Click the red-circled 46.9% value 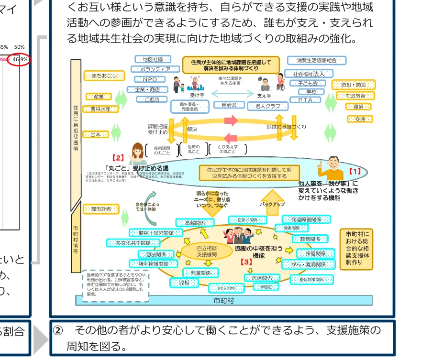click(20, 60)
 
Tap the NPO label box click(149, 79)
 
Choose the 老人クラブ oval click(267, 106)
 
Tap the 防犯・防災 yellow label click(354, 85)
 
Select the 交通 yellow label click(360, 119)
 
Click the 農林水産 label click(100, 109)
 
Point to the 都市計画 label click(100, 209)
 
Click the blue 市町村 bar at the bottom click(223, 301)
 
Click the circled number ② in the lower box click(58, 331)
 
